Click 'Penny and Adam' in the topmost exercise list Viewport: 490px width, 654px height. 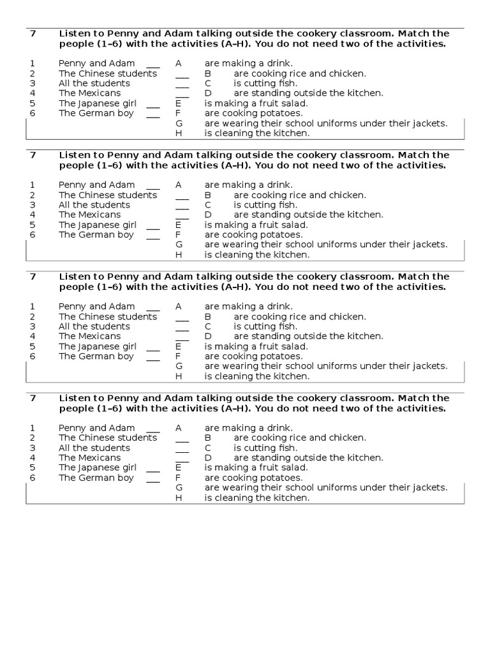tap(97, 63)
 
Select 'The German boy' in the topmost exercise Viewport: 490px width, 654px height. tap(96, 113)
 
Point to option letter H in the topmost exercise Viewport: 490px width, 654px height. tap(179, 133)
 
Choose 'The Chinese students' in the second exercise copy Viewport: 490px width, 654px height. tap(108, 195)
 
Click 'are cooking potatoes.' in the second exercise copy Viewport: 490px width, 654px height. tap(253, 234)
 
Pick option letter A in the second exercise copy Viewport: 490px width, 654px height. tap(179, 185)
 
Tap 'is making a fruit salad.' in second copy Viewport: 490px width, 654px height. tap(256, 225)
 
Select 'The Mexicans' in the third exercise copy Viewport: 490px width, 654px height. tap(89, 336)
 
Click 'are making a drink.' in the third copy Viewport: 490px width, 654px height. tap(249, 306)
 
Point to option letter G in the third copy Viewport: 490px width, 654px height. tap(179, 366)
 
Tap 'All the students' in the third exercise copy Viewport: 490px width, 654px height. tap(94, 326)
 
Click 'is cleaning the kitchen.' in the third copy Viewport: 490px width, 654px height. tap(256, 376)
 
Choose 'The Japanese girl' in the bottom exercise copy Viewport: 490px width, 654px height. tap(98, 468)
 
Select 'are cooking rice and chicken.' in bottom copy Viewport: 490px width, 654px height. tap(300, 437)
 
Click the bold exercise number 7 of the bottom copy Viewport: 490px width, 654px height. tap(33, 398)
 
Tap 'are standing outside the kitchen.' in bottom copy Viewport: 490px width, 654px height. tap(308, 457)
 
